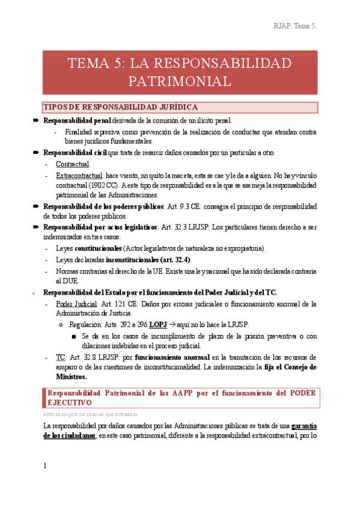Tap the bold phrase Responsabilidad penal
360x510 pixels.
pyautogui.click(x=77, y=121)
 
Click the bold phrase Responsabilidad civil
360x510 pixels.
pyautogui.click(x=75, y=153)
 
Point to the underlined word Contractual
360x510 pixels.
pyautogui.click(x=73, y=164)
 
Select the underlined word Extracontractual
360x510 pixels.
pyautogui.click(x=80, y=175)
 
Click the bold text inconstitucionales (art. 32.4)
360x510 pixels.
pyautogui.click(x=148, y=259)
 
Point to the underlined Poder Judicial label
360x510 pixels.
pyautogui.click(x=76, y=304)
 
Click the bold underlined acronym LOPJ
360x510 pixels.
pyautogui.click(x=158, y=325)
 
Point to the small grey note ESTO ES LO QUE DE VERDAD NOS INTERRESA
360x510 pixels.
pyautogui.click(x=91, y=414)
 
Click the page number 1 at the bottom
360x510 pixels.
pyautogui.click(x=45, y=466)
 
